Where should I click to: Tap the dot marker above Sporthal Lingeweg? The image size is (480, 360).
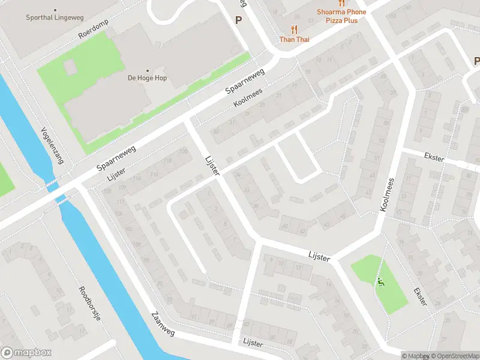point(55,10)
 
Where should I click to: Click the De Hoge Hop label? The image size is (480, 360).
point(147,78)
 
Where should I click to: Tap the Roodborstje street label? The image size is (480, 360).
point(89,304)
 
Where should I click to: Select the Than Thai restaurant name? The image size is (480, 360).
point(294,40)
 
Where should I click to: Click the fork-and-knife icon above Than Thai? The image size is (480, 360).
point(294,29)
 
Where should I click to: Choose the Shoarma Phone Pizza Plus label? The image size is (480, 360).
point(341,16)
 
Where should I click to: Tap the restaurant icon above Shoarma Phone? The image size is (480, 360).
point(341,3)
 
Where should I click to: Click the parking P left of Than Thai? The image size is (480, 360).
point(238,20)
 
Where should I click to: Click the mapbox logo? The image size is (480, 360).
point(26,352)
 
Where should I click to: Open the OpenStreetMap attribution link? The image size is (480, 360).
point(452,356)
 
